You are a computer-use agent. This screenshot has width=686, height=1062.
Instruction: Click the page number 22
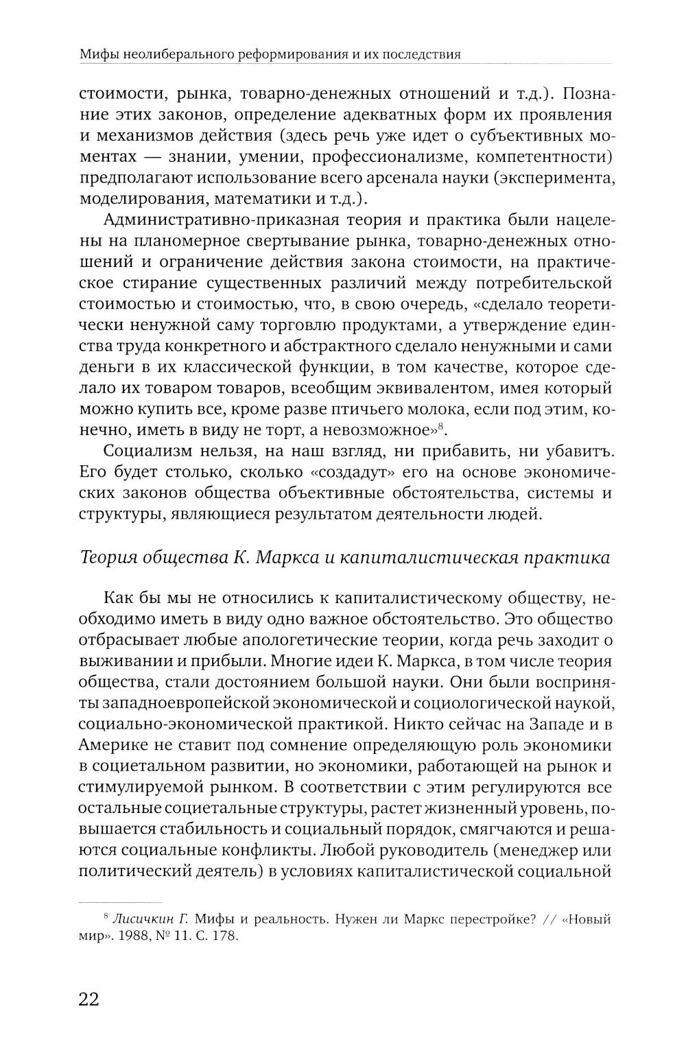(90, 998)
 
